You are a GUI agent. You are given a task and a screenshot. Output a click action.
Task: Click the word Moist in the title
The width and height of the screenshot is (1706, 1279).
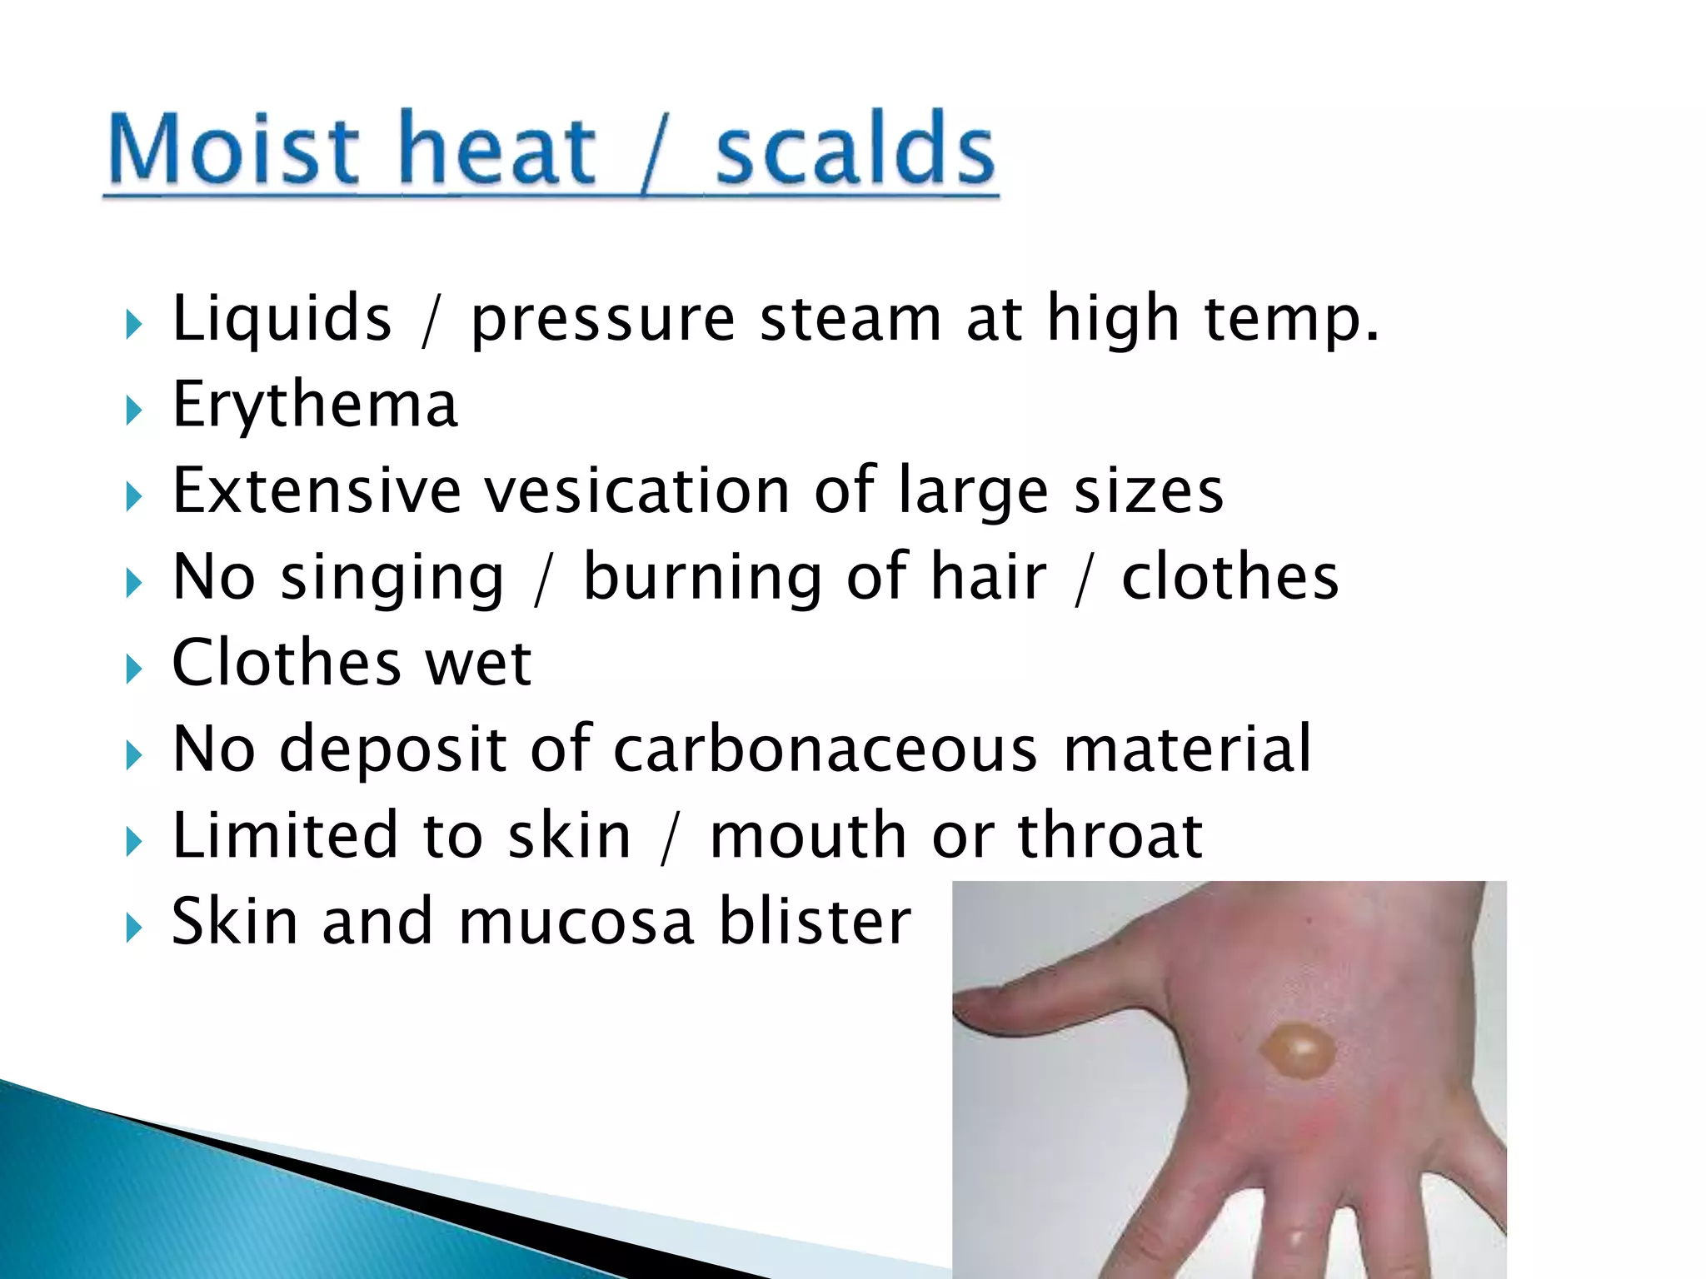tap(233, 150)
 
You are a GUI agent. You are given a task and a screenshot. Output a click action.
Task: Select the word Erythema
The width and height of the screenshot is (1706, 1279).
tap(315, 405)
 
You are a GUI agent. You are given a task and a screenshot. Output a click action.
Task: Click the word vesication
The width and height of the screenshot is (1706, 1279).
tap(637, 490)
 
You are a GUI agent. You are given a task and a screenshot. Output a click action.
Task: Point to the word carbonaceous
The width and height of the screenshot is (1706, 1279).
tap(826, 749)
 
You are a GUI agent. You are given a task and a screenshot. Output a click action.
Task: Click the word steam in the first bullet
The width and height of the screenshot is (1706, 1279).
tap(851, 318)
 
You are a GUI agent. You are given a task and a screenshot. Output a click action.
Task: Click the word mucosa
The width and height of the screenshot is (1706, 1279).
tap(576, 922)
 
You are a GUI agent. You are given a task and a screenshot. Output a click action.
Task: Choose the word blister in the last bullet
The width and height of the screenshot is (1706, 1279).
tap(815, 922)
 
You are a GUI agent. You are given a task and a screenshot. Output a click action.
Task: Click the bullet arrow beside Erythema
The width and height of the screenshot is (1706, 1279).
tap(134, 410)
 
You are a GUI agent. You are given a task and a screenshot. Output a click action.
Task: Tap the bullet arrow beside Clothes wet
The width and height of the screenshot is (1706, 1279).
tap(134, 668)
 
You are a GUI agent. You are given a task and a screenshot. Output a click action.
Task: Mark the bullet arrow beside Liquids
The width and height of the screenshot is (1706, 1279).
tap(134, 324)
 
